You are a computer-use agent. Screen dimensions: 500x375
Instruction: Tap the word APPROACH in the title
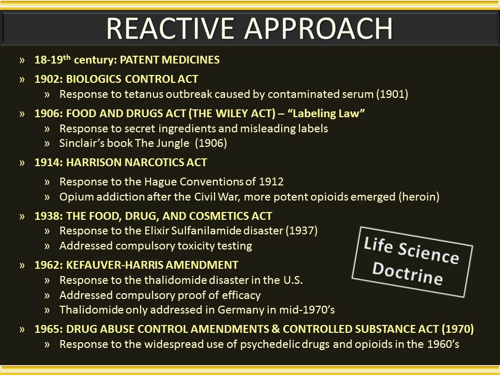click(319, 29)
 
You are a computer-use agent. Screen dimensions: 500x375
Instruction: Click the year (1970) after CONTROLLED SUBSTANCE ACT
click(458, 329)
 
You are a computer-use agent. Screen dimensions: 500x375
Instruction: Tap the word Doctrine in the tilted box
click(407, 273)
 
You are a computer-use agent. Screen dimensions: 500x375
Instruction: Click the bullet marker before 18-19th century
click(22, 60)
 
